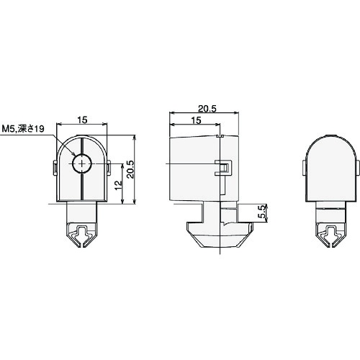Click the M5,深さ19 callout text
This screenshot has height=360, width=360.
pos(24,128)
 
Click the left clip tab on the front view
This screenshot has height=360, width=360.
pos(55,170)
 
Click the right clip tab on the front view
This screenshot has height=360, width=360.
pos(109,170)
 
